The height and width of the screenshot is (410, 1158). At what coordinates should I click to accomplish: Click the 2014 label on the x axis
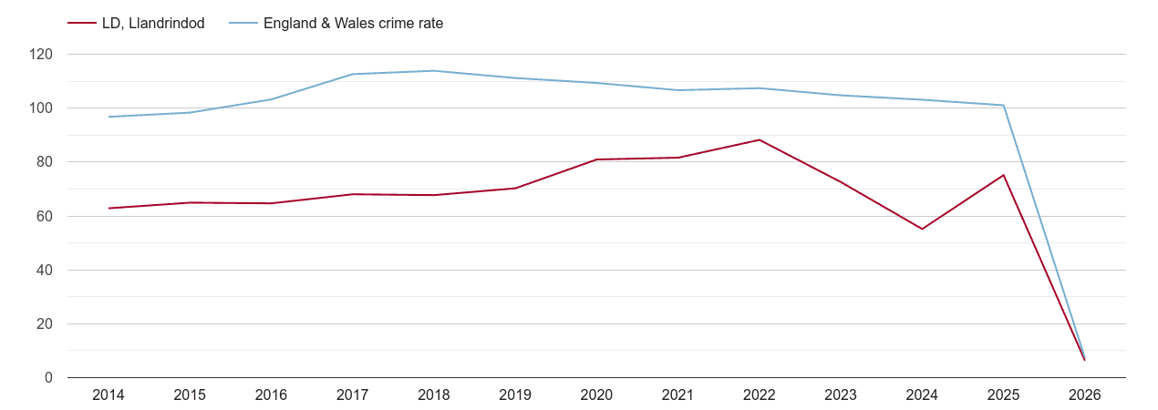tap(109, 395)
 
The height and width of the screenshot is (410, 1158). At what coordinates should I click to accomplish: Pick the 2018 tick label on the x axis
tap(434, 395)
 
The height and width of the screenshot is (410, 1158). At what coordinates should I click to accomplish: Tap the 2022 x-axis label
tap(760, 395)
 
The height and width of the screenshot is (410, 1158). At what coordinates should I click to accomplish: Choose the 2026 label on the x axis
tap(1085, 395)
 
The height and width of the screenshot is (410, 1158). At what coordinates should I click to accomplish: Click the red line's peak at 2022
tap(760, 139)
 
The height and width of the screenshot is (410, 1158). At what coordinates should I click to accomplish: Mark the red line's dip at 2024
tap(922, 229)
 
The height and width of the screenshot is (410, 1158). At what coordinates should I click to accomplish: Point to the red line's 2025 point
tap(1004, 175)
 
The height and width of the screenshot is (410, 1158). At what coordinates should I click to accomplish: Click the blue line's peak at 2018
tap(434, 70)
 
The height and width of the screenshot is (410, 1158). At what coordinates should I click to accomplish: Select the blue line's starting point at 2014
tap(109, 117)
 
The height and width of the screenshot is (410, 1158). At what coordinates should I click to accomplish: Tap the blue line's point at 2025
tap(1004, 105)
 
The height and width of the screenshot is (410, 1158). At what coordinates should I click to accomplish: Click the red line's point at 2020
tap(596, 159)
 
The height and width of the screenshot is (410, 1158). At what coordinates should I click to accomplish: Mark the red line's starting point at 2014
tap(109, 208)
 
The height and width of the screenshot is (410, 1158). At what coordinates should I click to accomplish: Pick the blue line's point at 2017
tap(353, 74)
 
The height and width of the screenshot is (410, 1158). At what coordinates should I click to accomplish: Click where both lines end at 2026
tap(1085, 359)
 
